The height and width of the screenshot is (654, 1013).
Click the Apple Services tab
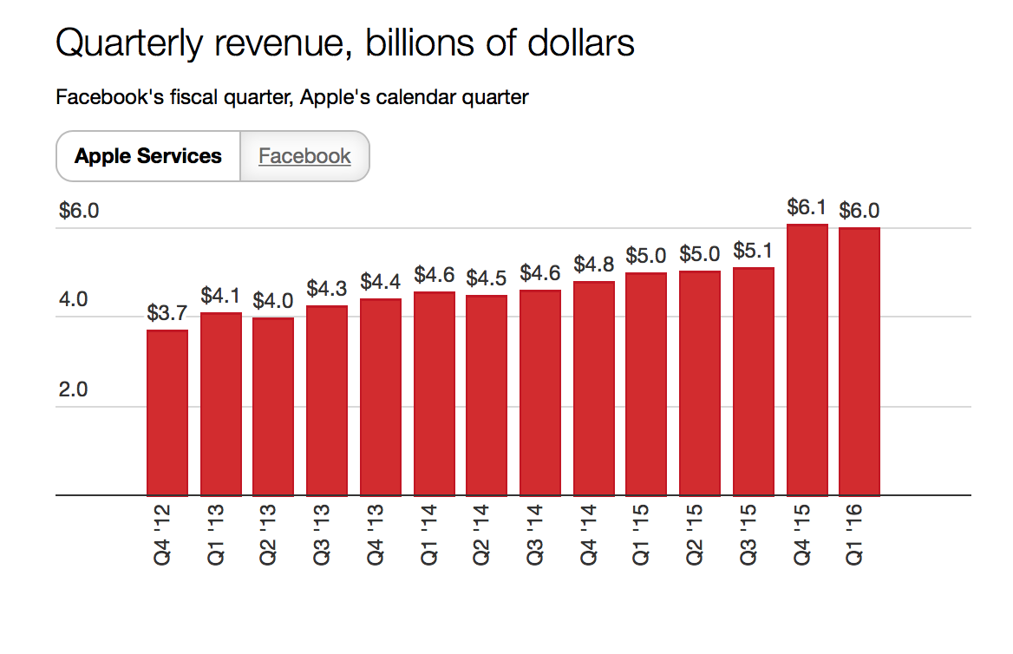coord(148,156)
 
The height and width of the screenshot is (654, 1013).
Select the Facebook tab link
coord(304,156)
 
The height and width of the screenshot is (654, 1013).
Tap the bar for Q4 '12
coord(167,412)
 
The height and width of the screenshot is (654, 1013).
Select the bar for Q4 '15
coord(807,360)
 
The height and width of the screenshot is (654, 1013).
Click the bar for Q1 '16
coord(859,362)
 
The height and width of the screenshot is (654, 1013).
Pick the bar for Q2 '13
coord(274,407)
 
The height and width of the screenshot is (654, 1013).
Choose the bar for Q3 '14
coord(540,393)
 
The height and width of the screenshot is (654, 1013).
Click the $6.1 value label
coord(807,208)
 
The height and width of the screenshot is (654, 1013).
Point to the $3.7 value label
coord(167,313)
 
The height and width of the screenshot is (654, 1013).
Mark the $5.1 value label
coord(754,251)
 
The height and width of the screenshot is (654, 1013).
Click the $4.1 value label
coord(221,296)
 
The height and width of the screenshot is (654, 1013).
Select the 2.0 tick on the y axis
coord(73,389)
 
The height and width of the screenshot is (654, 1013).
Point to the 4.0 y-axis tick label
coord(73,300)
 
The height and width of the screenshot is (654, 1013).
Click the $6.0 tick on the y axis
coord(79,211)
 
